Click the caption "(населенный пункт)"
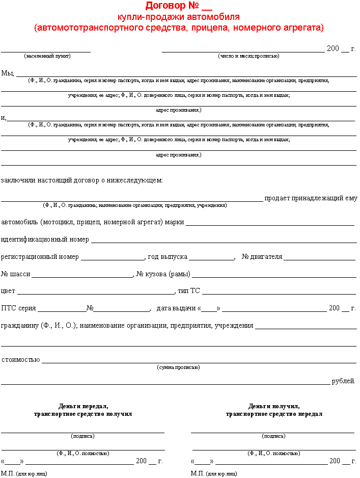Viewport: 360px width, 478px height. (x=47, y=56)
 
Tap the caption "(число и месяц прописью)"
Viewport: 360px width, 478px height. (x=248, y=56)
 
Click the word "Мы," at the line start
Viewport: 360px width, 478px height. (x=8, y=73)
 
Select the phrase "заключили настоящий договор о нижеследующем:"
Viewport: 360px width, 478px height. (x=82, y=180)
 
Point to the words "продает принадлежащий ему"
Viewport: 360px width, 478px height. (x=311, y=198)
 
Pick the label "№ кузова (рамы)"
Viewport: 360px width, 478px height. (x=162, y=274)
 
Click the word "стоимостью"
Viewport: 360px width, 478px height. (x=20, y=359)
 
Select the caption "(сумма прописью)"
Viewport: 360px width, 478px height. (x=178, y=367)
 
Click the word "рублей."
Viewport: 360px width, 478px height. (x=343, y=381)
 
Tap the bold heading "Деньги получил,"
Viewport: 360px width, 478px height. (x=274, y=406)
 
